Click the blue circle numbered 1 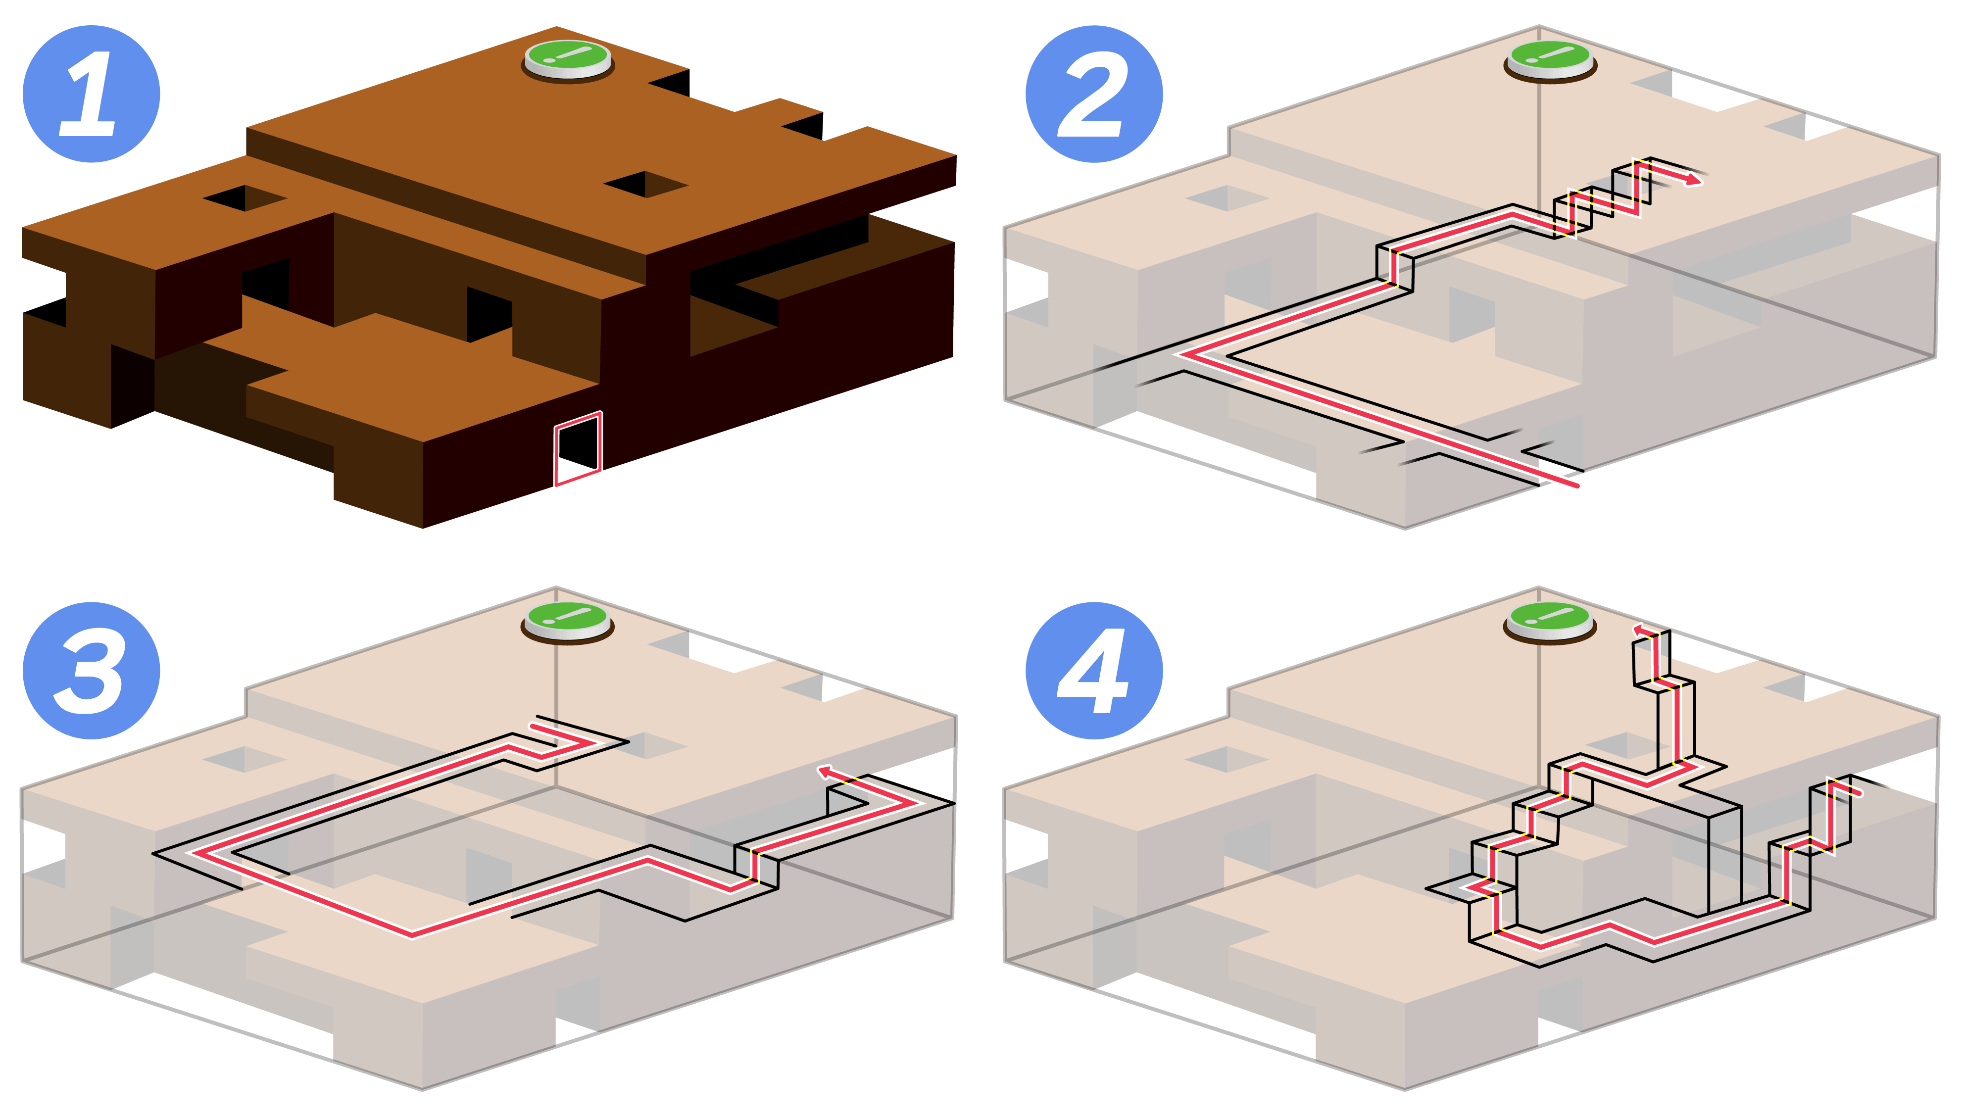pos(91,94)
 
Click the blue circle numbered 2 pos(1094,94)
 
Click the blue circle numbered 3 pos(91,670)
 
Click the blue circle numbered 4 pos(1094,670)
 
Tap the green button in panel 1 pos(568,58)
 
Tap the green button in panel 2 pos(1550,58)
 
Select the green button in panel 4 pos(1550,619)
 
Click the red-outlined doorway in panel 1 pos(578,449)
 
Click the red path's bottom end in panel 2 pos(1576,486)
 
